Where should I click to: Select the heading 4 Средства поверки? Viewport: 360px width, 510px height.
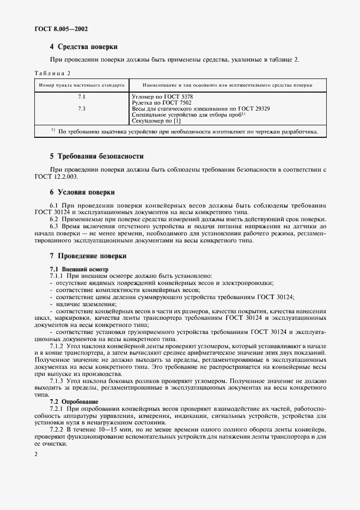(x=84, y=47)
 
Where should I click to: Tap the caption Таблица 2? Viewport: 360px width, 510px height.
(x=53, y=73)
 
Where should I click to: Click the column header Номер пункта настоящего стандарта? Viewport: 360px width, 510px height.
(x=81, y=86)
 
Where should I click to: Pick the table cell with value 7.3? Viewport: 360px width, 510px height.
(x=82, y=108)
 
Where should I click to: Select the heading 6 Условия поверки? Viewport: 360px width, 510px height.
(x=82, y=192)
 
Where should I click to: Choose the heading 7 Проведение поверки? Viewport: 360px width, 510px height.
(x=88, y=255)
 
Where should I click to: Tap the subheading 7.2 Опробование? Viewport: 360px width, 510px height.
(x=74, y=401)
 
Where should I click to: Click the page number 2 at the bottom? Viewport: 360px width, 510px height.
(x=35, y=453)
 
